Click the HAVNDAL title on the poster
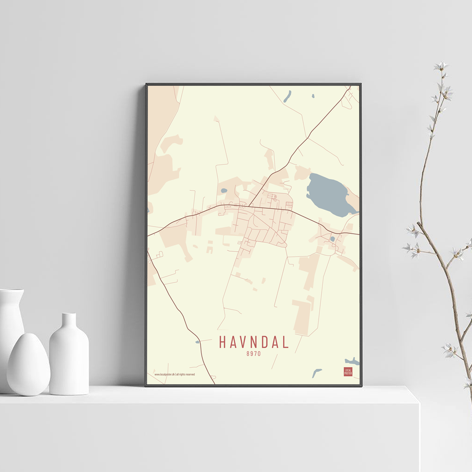click(253, 342)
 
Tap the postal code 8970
click(253, 353)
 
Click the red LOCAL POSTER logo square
click(348, 371)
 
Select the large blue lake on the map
click(329, 194)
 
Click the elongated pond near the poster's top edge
click(287, 96)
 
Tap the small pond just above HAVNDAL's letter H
click(197, 341)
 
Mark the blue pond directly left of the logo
click(316, 373)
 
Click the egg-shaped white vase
click(28, 364)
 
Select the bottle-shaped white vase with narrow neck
click(69, 356)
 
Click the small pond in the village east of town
click(332, 239)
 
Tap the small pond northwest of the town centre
click(224, 191)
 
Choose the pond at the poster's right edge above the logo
click(352, 362)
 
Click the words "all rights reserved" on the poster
click(185, 374)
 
